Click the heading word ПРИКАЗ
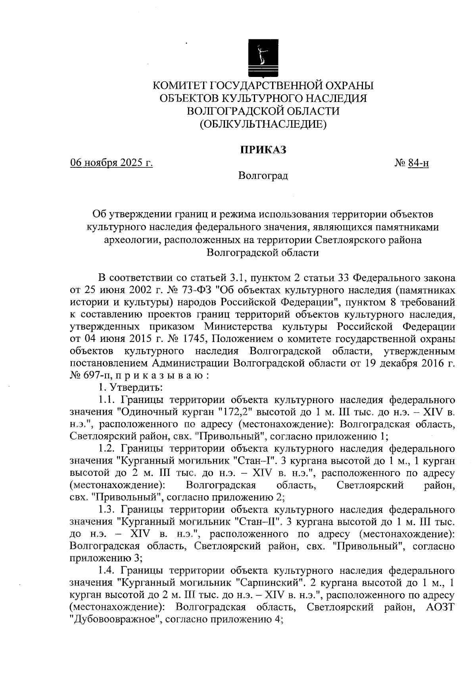(x=263, y=150)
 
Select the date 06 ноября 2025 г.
(x=111, y=163)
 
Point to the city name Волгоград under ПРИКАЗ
(x=263, y=175)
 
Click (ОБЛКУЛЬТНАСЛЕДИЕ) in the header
(x=263, y=125)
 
